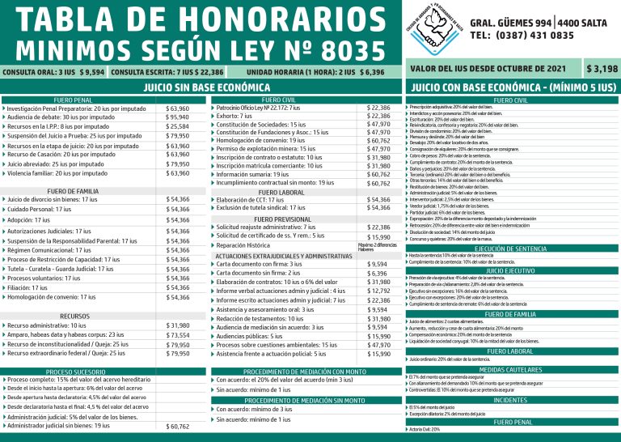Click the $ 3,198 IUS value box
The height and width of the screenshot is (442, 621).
[602, 69]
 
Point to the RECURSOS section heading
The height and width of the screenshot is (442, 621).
[74, 316]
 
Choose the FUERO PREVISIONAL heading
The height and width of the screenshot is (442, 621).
[281, 219]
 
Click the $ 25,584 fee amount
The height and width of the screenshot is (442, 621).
[177, 127]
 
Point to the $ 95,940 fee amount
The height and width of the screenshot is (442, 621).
[177, 117]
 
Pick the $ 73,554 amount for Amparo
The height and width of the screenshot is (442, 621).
[177, 334]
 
